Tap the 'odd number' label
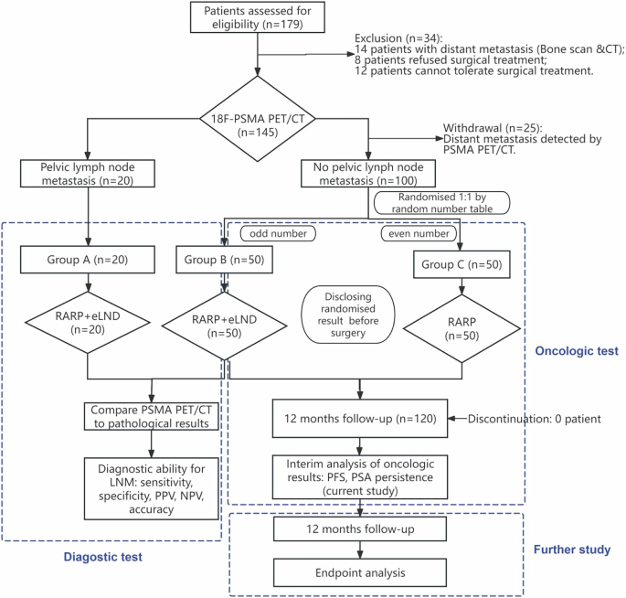coord(274,233)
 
